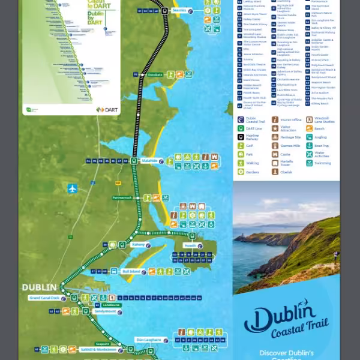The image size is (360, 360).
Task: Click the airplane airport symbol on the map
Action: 73,188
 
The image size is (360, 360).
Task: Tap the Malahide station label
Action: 149,161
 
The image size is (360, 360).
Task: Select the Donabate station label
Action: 155,75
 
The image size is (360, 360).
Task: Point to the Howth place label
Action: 190,245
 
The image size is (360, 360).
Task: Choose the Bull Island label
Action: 131,271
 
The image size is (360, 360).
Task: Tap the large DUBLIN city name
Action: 40,287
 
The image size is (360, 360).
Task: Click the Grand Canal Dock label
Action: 44,298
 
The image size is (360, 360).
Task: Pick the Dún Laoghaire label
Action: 149,340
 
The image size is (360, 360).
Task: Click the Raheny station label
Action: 139,245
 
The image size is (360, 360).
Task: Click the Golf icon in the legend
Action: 241,145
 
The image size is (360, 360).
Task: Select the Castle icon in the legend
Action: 275,154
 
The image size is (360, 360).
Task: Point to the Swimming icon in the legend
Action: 310,163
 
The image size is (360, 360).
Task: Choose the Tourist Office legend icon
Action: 275,120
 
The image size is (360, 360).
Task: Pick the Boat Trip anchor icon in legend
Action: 310,145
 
